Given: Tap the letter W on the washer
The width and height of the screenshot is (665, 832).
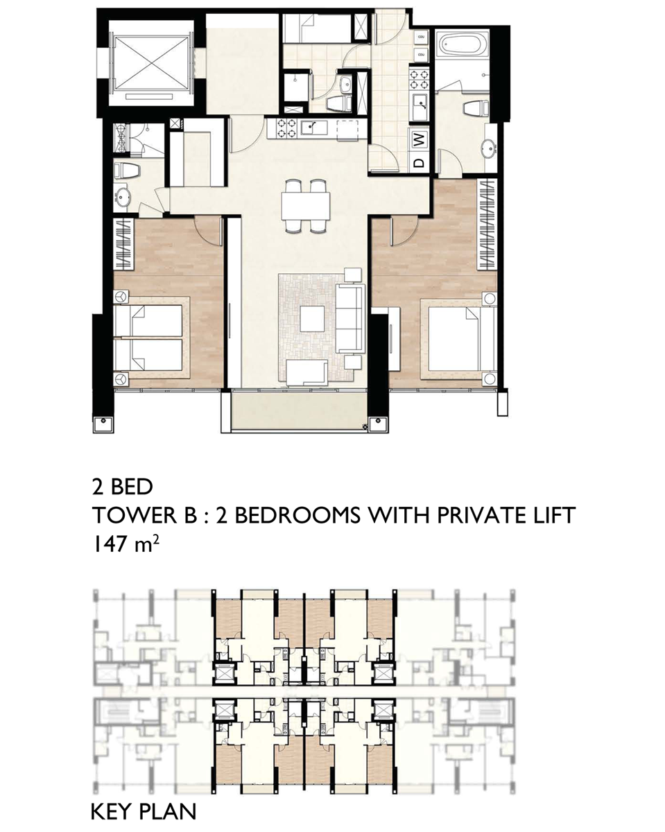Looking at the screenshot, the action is click(420, 139).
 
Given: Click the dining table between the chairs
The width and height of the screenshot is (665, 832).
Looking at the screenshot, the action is click(306, 206).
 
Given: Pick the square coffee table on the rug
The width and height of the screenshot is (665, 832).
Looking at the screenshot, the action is click(312, 318).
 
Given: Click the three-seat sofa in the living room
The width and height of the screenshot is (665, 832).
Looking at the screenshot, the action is click(350, 318).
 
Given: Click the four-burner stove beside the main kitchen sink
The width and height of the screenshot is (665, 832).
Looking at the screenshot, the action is click(286, 129).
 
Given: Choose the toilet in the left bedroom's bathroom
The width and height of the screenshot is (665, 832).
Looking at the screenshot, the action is click(128, 170).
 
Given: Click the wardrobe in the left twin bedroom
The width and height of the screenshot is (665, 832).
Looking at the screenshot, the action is click(123, 244).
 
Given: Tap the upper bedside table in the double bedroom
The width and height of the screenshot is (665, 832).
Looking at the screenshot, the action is click(490, 299).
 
